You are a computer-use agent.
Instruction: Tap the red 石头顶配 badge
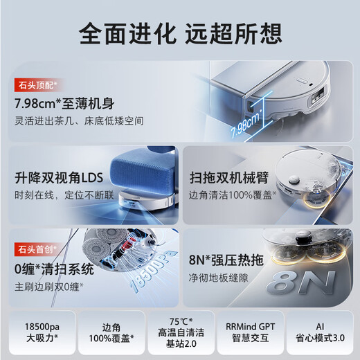click(x=37, y=85)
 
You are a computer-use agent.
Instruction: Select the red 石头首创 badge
click(x=37, y=247)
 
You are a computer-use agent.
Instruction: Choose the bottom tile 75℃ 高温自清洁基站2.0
click(x=181, y=331)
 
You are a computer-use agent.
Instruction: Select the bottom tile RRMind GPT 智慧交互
click(x=251, y=331)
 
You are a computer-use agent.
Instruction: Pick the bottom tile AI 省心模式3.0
click(x=321, y=331)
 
